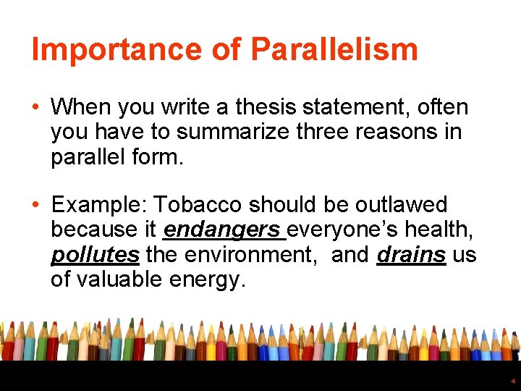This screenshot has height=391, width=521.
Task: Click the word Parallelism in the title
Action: tap(334, 49)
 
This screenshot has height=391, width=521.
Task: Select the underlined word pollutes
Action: tap(95, 255)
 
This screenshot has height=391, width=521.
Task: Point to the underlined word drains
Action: tap(411, 255)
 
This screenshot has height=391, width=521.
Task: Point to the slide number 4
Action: tap(512, 380)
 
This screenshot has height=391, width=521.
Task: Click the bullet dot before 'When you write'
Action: tap(36, 107)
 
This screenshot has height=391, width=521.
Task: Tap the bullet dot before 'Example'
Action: tap(36, 205)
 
